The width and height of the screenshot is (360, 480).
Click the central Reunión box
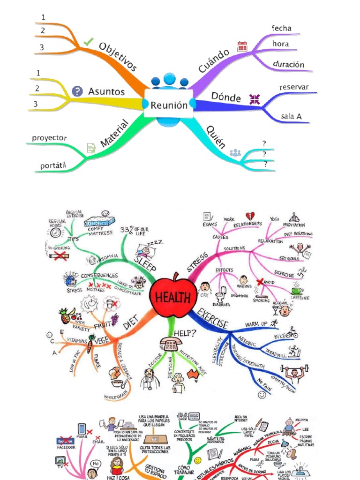tap(169, 105)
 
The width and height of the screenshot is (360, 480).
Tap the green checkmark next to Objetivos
tap(88, 42)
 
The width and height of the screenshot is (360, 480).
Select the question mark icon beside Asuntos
tap(77, 91)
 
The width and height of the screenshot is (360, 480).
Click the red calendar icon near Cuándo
tap(242, 45)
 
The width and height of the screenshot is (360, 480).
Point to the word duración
tap(288, 65)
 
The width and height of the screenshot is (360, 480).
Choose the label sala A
tap(291, 115)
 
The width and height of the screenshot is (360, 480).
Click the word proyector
tap(49, 138)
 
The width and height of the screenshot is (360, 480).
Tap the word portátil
tap(53, 166)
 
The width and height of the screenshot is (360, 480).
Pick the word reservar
tap(294, 87)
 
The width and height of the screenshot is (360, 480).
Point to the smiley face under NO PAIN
tap(262, 395)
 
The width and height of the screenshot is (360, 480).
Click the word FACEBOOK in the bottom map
tap(66, 447)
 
